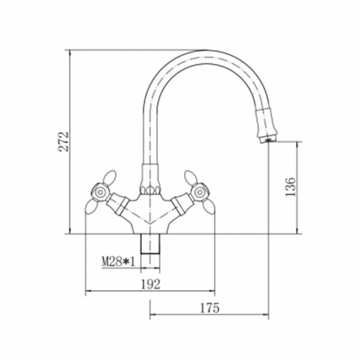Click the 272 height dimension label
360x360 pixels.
(x=63, y=142)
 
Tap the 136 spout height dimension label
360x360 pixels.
(x=290, y=187)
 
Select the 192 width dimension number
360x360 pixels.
(x=150, y=284)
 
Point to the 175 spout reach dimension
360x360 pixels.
(x=210, y=308)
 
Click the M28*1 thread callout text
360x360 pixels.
(x=118, y=261)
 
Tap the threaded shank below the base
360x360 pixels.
(x=150, y=244)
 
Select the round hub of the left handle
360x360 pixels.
(x=100, y=193)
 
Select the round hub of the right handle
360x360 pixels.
(x=199, y=192)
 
